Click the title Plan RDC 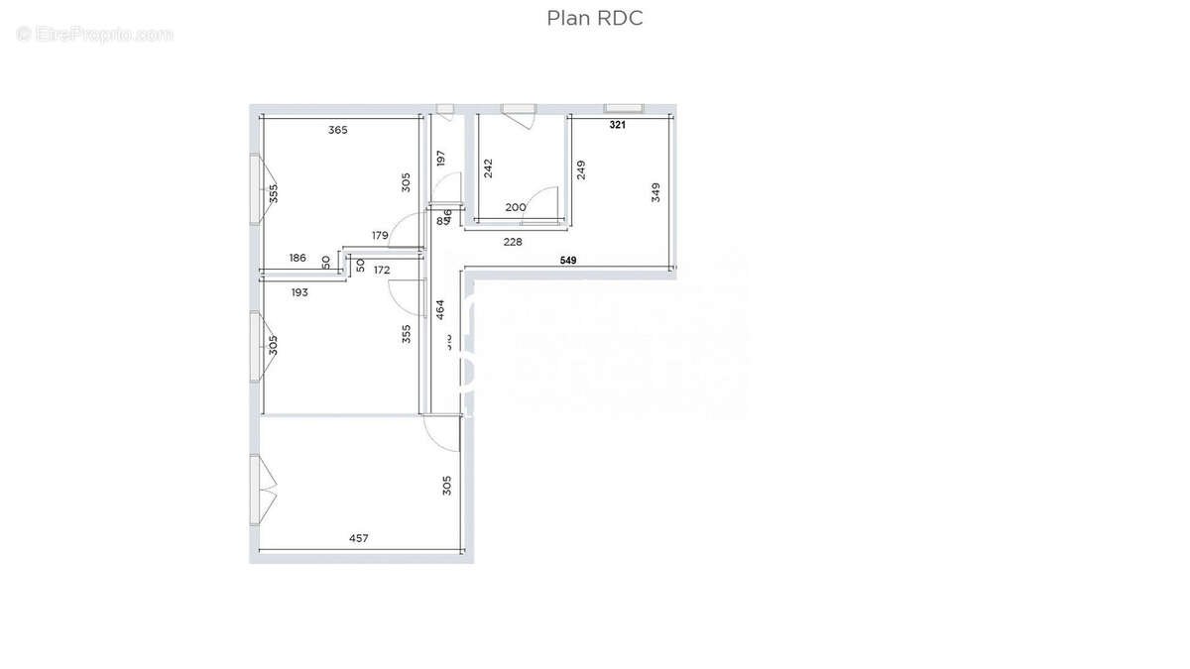pos(595,19)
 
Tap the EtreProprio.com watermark pos(95,35)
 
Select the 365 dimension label pos(338,130)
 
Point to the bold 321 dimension pos(618,125)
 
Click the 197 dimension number pos(441,158)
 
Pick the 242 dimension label pos(488,168)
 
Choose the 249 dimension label pos(581,169)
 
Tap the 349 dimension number pos(655,192)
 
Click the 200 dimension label pos(516,207)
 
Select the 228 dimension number pos(513,241)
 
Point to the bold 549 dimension pos(568,260)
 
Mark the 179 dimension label pos(380,235)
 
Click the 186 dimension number pos(297,258)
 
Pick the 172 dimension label pos(382,270)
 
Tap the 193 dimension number pos(299,292)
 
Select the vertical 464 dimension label pos(441,308)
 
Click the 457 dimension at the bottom pos(359,538)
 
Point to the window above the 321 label pos(624,107)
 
